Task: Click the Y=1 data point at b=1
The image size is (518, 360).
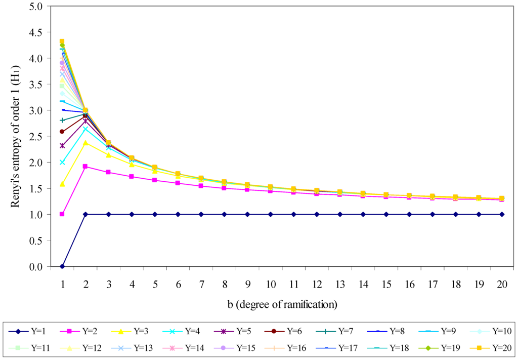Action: pos(62,266)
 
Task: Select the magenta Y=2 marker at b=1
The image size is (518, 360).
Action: pos(62,214)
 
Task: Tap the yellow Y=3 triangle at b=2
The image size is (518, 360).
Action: pos(85,143)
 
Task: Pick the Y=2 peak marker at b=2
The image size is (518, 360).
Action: pos(85,166)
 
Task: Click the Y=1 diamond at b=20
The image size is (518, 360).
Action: pos(502,214)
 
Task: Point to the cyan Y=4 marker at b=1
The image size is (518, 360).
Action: pos(62,163)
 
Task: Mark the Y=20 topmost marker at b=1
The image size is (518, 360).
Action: pos(62,42)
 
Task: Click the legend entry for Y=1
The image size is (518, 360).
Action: pos(31,332)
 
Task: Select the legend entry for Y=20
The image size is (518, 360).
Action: pos(488,348)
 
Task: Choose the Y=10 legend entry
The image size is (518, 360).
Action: pos(488,332)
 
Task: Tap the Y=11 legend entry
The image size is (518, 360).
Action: pos(31,348)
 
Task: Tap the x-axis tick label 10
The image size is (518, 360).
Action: pos(271,285)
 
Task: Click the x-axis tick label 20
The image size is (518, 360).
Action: pos(502,285)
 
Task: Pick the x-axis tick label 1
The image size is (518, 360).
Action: pos(62,285)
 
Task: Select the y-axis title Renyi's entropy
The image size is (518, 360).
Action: pos(16,137)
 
